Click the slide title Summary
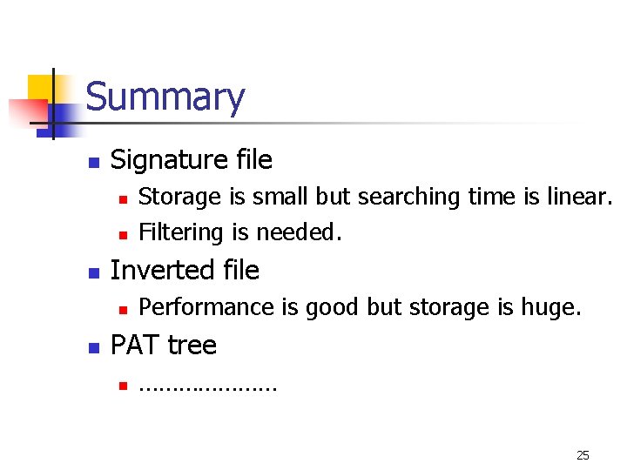tap(165, 97)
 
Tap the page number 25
tap(583, 455)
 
